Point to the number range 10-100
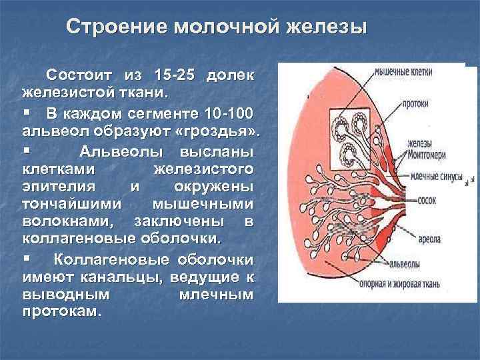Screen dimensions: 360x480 (226, 109)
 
